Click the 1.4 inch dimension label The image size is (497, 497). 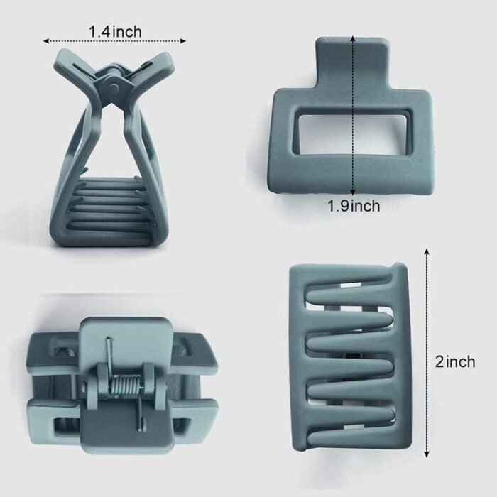coord(115,32)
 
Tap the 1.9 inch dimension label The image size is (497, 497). coord(354,206)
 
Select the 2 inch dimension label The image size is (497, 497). coord(455,361)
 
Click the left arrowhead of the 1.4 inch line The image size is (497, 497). coord(46,41)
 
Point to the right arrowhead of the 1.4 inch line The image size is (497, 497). coord(182,41)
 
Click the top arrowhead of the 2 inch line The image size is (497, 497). coord(427,252)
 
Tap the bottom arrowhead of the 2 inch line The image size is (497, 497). coord(427,454)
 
